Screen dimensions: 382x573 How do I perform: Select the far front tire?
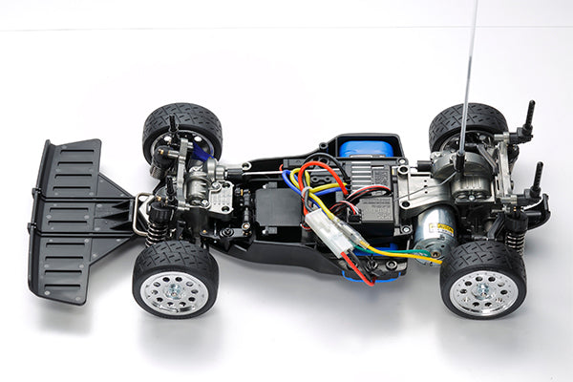(182, 124)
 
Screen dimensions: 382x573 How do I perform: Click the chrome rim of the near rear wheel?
(483, 291)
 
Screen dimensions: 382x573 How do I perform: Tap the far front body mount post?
(173, 128)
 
